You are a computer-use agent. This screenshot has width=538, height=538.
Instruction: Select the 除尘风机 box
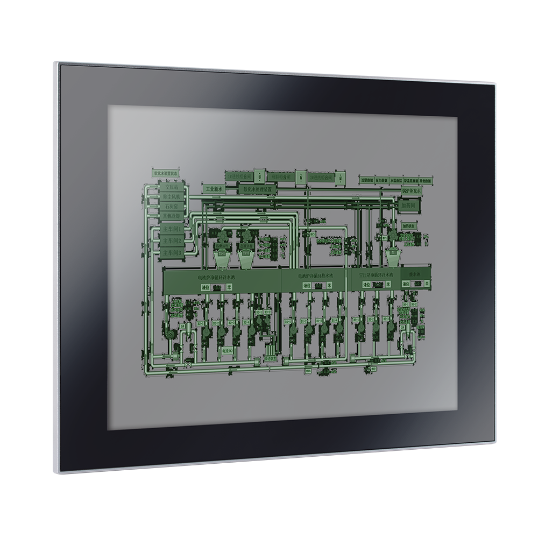(171, 197)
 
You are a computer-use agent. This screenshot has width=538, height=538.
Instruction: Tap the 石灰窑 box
(171, 207)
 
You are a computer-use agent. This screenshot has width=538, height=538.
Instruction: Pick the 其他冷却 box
(171, 216)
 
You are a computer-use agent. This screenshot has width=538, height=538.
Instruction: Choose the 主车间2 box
(171, 240)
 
